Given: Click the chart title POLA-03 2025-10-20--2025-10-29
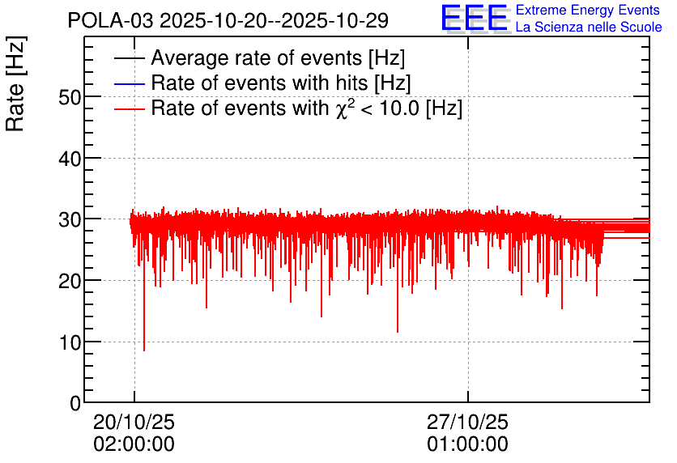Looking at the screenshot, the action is [228, 21].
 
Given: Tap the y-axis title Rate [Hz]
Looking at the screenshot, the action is [15, 83].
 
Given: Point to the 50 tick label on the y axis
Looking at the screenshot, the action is [70, 97].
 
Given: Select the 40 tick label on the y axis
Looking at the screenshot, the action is [70, 159].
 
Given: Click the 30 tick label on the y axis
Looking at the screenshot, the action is [70, 220].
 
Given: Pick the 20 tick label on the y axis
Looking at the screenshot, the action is [70, 282].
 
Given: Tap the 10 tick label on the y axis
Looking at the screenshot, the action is [70, 343].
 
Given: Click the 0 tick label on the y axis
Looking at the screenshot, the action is [75, 403].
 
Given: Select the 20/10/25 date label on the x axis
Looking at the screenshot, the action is [134, 422].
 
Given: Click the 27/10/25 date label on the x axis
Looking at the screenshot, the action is [467, 422].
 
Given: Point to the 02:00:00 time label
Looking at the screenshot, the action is [134, 444].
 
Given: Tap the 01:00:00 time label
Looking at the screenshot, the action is [467, 444].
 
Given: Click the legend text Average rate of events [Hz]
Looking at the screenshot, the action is [278, 57].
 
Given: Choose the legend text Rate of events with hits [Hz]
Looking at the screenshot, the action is [281, 83].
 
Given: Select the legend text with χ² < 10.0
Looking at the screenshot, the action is [307, 108].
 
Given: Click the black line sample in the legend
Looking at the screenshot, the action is [129, 58].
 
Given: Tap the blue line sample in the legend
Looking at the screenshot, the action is [129, 83].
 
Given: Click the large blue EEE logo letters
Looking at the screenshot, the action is [474, 18].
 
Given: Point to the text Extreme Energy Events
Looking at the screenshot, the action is [588, 10].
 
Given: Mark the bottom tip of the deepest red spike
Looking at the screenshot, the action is [144, 350].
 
